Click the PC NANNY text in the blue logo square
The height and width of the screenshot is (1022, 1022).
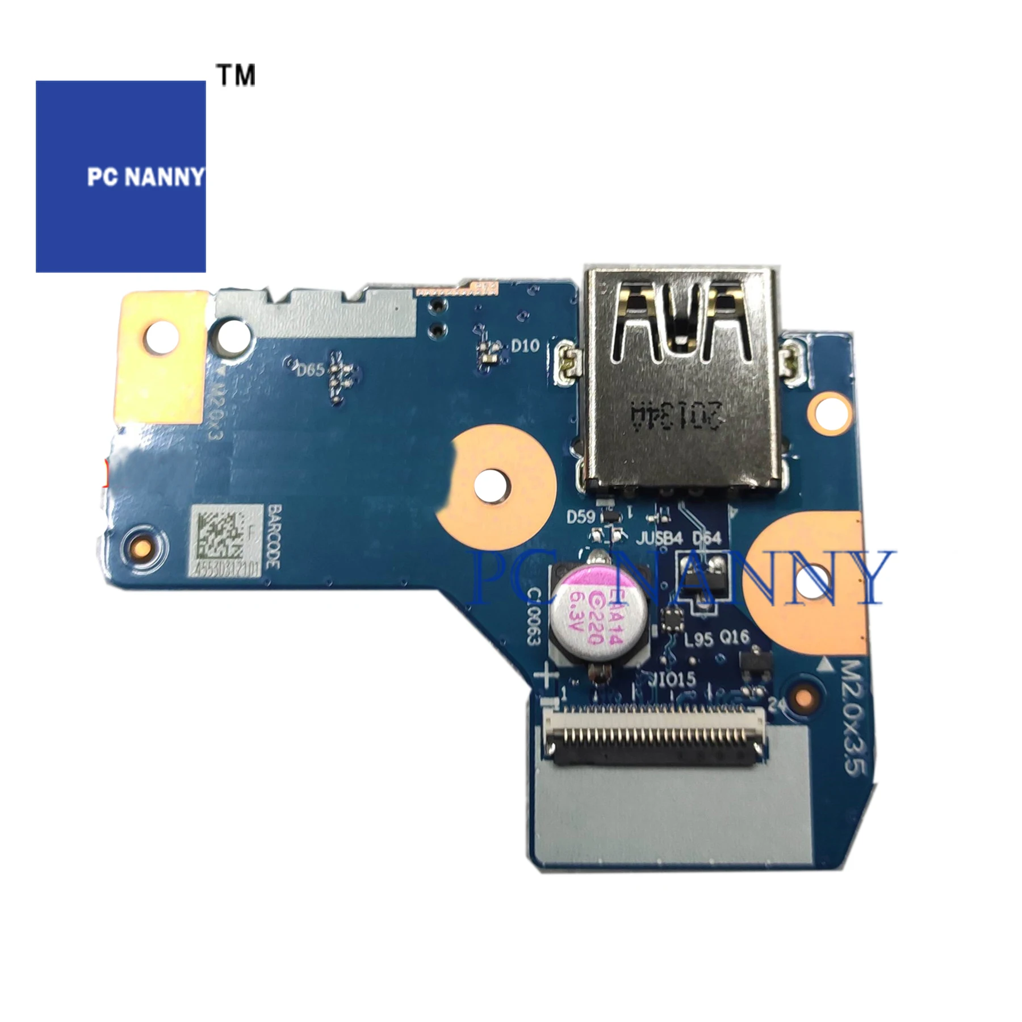coord(145,177)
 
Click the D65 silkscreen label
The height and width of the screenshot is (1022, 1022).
coord(310,371)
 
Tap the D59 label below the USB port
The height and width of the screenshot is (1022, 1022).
coord(581,517)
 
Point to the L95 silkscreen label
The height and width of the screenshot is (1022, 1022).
coord(698,642)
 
